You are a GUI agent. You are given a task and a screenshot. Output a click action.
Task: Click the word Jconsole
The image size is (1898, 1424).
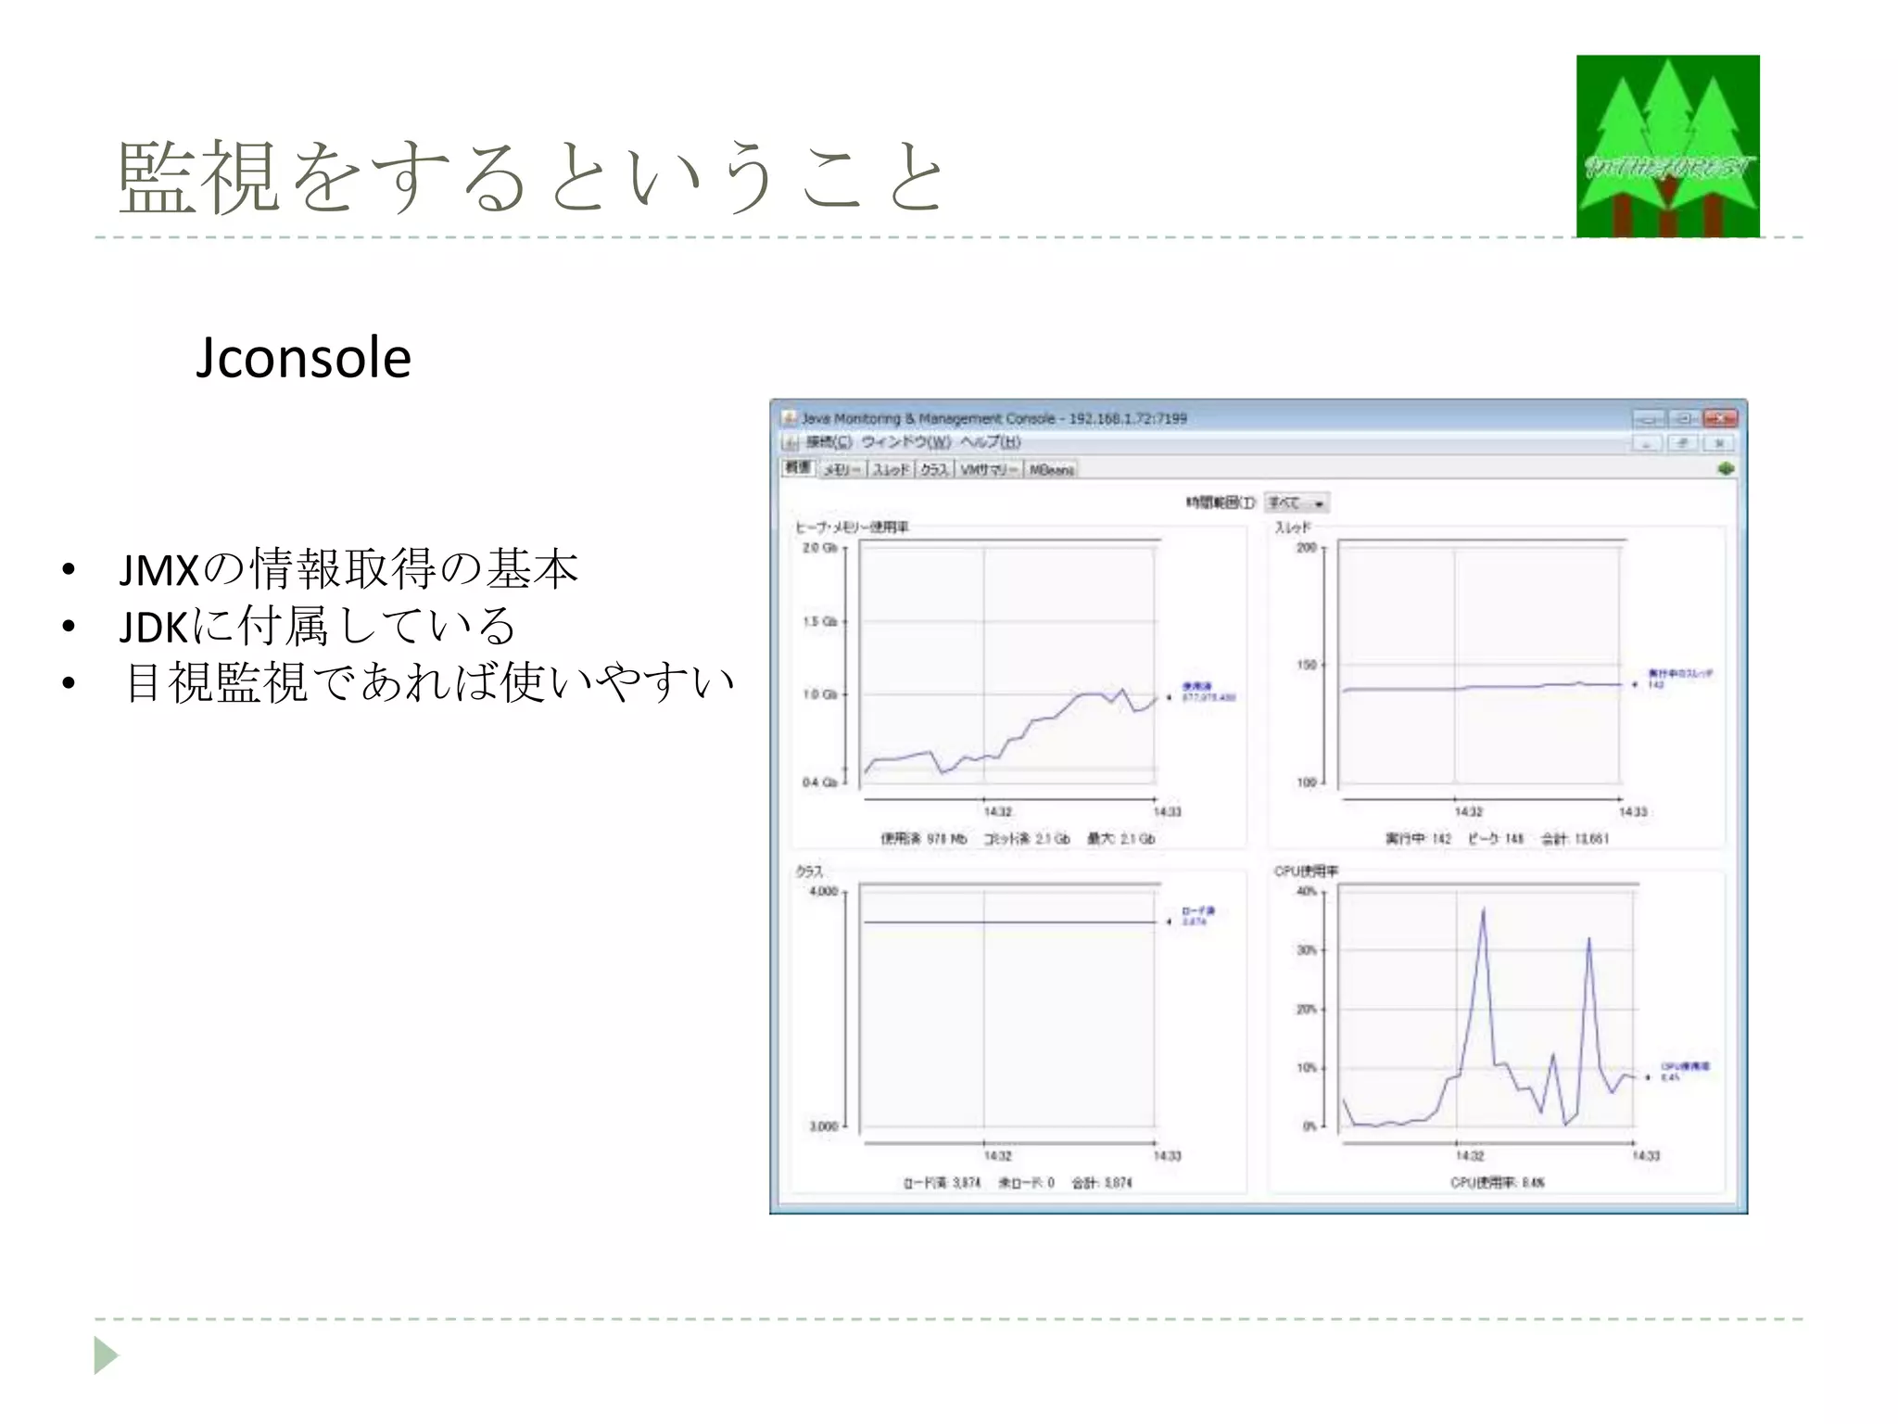[303, 358]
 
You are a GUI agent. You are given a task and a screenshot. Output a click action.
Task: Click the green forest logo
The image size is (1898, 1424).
[1667, 146]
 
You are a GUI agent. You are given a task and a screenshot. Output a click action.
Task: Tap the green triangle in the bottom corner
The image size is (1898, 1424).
[106, 1355]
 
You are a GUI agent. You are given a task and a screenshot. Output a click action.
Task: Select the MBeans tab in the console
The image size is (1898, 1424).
[1051, 470]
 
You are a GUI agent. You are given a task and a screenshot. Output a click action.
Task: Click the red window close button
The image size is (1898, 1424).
[1720, 418]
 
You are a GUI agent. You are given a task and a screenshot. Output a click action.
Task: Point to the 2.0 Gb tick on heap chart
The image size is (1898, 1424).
[819, 548]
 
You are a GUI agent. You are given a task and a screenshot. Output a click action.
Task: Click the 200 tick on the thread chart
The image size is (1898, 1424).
[1307, 548]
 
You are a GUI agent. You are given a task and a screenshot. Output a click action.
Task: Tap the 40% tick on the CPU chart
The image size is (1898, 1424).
[1307, 891]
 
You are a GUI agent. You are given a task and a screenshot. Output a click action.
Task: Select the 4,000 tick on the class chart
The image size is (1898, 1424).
[823, 891]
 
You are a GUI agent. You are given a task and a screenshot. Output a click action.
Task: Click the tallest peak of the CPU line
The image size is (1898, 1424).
[1483, 910]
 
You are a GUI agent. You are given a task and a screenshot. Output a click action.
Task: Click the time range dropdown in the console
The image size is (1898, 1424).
[1297, 502]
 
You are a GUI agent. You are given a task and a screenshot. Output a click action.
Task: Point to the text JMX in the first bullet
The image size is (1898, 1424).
[159, 570]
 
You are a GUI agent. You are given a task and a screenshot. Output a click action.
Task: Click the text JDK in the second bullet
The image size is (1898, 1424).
[154, 628]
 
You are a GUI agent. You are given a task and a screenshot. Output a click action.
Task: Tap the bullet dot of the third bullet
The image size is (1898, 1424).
[68, 684]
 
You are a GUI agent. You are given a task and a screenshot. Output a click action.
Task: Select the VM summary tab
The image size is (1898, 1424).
[988, 470]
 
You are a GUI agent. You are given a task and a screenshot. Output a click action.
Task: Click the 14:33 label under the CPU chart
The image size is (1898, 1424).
[1646, 1155]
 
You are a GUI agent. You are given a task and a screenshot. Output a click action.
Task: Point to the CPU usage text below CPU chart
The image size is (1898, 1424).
[1497, 1182]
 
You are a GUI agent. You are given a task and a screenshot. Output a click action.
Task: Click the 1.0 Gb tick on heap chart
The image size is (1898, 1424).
[819, 694]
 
